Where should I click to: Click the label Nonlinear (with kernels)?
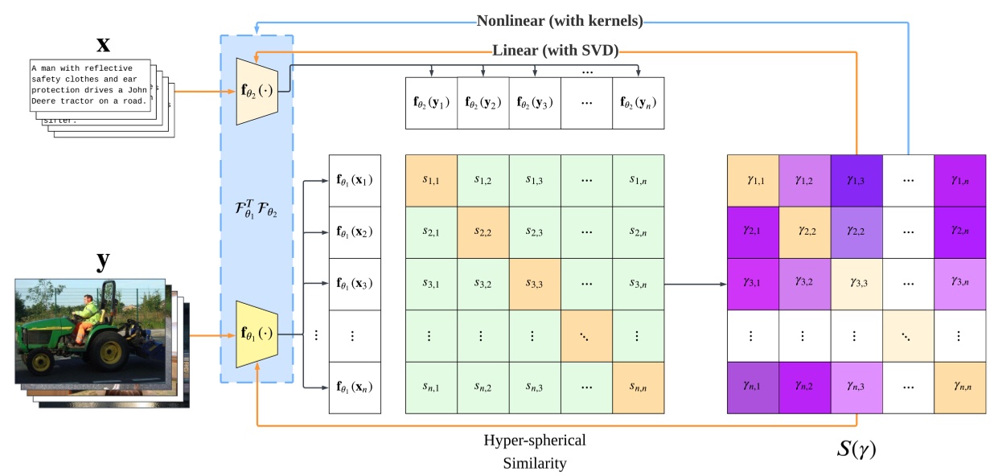pyautogui.click(x=560, y=21)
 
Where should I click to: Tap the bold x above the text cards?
pyautogui.click(x=104, y=42)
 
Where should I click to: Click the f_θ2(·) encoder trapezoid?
pyautogui.click(x=257, y=91)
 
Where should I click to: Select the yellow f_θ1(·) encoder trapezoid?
pyautogui.click(x=257, y=333)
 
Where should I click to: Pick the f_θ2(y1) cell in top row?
pyautogui.click(x=431, y=103)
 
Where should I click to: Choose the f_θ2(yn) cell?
pyautogui.click(x=638, y=103)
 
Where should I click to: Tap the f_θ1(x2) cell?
pyautogui.click(x=354, y=232)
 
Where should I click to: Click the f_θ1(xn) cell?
pyautogui.click(x=354, y=388)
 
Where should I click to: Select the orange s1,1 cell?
pyautogui.click(x=431, y=180)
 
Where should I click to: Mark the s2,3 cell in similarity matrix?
pyautogui.click(x=535, y=232)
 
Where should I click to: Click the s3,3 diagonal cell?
pyautogui.click(x=535, y=284)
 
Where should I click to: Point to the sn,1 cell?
pyautogui.click(x=431, y=388)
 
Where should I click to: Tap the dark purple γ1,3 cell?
pyautogui.click(x=856, y=180)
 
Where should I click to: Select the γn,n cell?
pyautogui.click(x=959, y=388)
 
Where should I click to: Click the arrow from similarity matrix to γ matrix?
pyautogui.click(x=696, y=284)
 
